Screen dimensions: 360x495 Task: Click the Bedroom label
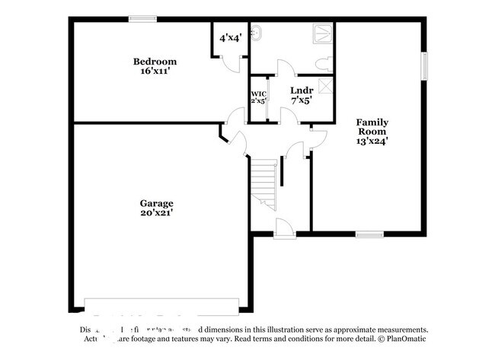click(x=155, y=62)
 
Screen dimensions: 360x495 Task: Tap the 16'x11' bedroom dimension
click(x=155, y=72)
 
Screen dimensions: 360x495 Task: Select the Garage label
click(x=155, y=203)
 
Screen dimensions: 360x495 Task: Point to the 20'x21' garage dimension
click(x=155, y=213)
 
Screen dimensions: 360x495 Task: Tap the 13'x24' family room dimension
click(x=373, y=140)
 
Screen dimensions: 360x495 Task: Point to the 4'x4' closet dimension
click(x=230, y=37)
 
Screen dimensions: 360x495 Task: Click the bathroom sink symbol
click(x=260, y=33)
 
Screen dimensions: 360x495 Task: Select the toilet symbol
click(x=322, y=60)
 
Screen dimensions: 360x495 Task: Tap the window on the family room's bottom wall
click(x=369, y=234)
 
